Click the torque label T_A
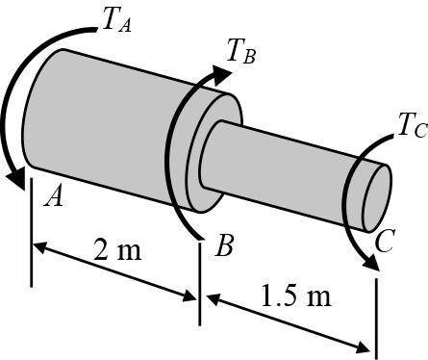coord(117,20)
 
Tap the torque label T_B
coord(241,51)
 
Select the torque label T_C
coord(413,125)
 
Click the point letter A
coord(54,196)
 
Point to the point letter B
coord(225,245)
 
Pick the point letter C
coord(385,241)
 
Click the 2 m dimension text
coord(117,249)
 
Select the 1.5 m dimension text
coord(296,295)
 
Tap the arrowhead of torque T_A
coord(16,179)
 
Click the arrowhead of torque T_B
coord(222,75)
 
